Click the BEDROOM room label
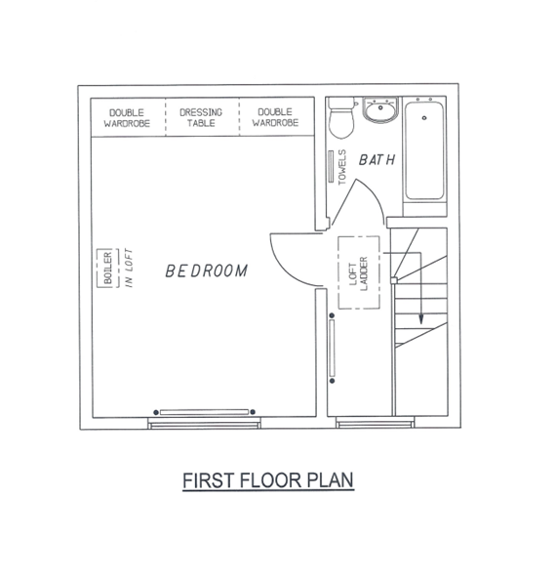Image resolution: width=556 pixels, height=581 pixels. coord(206,270)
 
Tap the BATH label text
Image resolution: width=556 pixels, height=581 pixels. coord(377,160)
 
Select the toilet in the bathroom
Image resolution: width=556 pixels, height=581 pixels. coord(341,117)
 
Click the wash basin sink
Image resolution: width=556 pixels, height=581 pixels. coord(380,109)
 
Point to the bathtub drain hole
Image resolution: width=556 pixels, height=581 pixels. coord(424,118)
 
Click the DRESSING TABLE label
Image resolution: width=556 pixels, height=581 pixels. coord(201,117)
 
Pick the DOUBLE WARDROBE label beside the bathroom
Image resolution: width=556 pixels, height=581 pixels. coord(275,117)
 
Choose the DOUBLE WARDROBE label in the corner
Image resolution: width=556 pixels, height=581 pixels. coord(127,118)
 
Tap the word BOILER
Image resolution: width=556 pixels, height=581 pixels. coord(107,268)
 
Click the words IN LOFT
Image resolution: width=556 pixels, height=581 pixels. coord(129,268)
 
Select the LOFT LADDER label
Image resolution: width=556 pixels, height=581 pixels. coord(359,273)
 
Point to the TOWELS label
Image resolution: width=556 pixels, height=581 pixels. coord(342,167)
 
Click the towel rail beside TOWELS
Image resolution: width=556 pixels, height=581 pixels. coord(331,166)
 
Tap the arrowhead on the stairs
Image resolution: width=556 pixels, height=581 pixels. coord(420,319)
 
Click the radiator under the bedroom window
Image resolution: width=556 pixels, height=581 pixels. coord(204,412)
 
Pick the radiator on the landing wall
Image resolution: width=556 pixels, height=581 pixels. coord(332,348)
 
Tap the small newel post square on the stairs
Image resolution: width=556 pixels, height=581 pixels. coord(394,280)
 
